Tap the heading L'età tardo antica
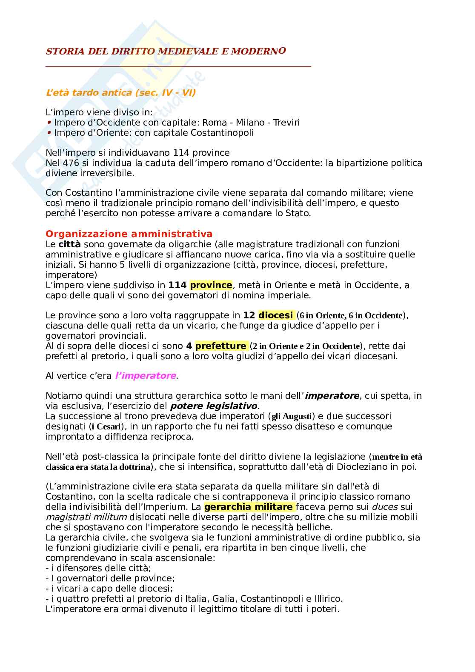[x=120, y=92]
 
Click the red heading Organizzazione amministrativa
[x=129, y=234]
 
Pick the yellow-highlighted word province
[x=211, y=285]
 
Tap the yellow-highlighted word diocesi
[x=275, y=315]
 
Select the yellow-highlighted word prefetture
[x=220, y=346]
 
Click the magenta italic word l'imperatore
[x=146, y=376]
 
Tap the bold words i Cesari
[x=105, y=426]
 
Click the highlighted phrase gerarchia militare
[x=248, y=507]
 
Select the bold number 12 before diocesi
[x=249, y=315]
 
